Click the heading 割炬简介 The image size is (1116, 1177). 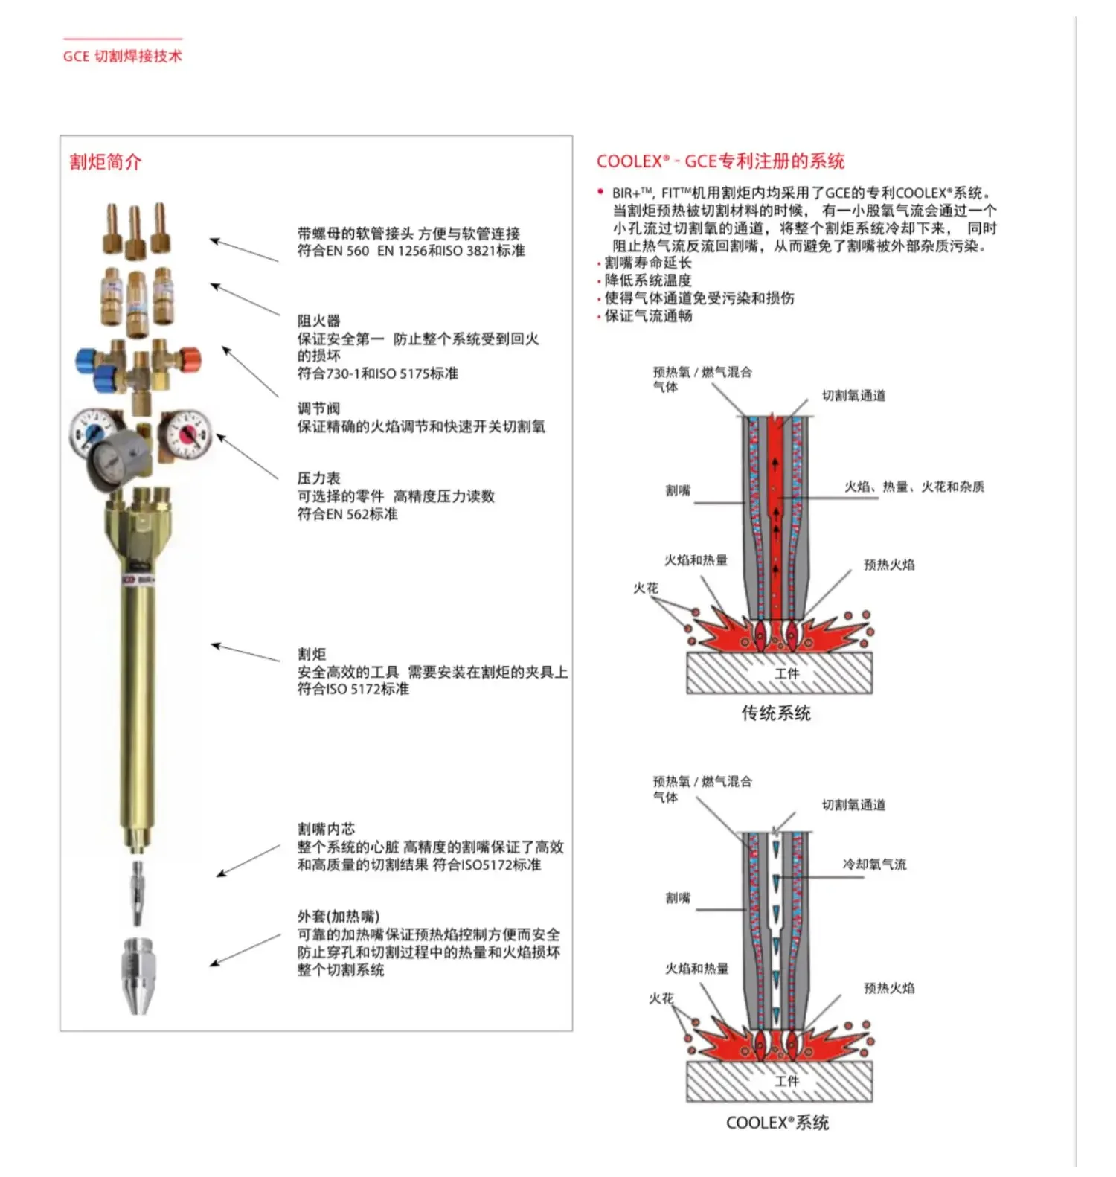click(105, 161)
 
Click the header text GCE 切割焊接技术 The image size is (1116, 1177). click(122, 56)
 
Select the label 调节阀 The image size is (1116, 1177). click(318, 408)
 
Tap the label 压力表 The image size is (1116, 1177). click(318, 478)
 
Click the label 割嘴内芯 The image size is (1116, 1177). click(326, 829)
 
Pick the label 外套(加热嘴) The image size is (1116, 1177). click(338, 917)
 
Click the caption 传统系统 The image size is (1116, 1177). click(776, 713)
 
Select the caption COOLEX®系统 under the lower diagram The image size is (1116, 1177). click(777, 1123)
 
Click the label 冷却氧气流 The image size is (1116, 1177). click(874, 865)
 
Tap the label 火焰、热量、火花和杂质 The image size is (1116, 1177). click(914, 487)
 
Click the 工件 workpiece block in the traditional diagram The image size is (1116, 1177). click(779, 673)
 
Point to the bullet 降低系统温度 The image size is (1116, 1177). click(648, 280)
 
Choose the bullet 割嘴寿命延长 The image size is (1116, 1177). click(648, 263)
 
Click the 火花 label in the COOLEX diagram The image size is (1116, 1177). click(661, 998)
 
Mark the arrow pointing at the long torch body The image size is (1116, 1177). click(246, 652)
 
